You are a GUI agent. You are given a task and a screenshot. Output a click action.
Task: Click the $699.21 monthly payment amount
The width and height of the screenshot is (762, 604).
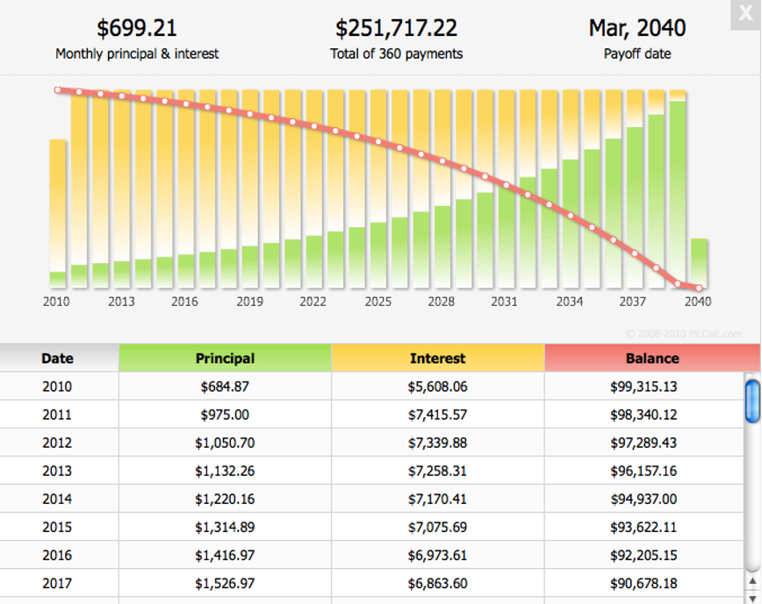pyautogui.click(x=137, y=28)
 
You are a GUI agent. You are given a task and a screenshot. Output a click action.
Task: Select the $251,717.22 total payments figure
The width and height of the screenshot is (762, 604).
pyautogui.click(x=396, y=28)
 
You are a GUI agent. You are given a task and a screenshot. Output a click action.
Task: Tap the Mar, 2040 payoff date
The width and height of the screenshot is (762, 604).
pyautogui.click(x=636, y=28)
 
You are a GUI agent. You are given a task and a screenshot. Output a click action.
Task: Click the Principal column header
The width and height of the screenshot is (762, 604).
pyautogui.click(x=225, y=358)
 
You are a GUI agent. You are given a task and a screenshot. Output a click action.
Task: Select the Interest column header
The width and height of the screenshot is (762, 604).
pyautogui.click(x=437, y=358)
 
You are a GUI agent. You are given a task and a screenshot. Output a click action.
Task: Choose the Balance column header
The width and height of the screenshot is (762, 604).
pyautogui.click(x=651, y=358)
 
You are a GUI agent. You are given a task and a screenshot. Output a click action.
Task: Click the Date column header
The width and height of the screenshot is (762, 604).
pyautogui.click(x=57, y=358)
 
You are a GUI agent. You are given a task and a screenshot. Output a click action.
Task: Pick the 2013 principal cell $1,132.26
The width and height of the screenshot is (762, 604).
pyautogui.click(x=225, y=471)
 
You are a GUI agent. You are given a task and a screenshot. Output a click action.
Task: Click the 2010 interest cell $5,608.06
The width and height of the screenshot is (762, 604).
pyautogui.click(x=437, y=387)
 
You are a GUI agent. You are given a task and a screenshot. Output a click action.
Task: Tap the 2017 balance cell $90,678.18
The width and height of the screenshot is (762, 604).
pyautogui.click(x=643, y=583)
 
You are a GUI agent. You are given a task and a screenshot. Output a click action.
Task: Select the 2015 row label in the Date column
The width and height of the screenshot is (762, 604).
pyautogui.click(x=57, y=527)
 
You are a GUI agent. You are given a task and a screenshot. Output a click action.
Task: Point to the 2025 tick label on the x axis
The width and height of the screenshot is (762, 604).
pyautogui.click(x=377, y=302)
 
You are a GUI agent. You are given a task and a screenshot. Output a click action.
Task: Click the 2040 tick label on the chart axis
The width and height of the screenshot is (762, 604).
pyautogui.click(x=698, y=302)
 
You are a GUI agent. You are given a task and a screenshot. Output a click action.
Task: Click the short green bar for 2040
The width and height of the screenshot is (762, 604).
pyautogui.click(x=699, y=262)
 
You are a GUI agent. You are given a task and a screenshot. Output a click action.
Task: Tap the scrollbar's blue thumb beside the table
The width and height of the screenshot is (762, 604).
pyautogui.click(x=751, y=401)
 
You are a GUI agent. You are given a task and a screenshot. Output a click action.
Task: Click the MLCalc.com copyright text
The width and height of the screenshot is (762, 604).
pyautogui.click(x=683, y=333)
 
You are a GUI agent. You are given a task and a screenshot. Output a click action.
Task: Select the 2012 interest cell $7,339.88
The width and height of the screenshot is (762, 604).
pyautogui.click(x=437, y=443)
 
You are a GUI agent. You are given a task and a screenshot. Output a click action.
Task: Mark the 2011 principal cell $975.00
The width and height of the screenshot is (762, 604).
pyautogui.click(x=225, y=415)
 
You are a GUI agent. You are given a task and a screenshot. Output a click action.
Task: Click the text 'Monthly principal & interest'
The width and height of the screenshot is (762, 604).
pyautogui.click(x=137, y=53)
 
